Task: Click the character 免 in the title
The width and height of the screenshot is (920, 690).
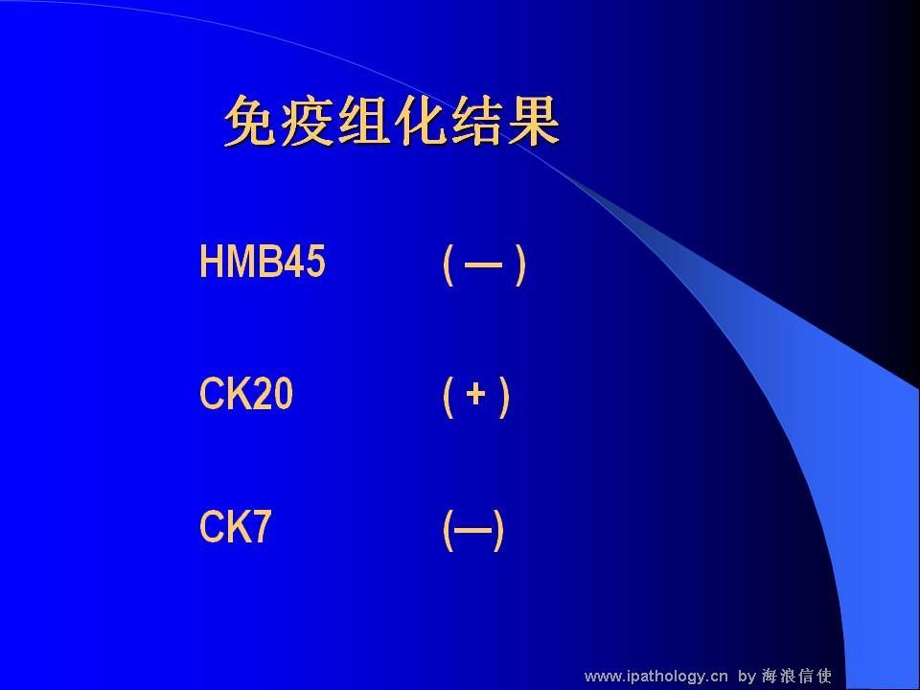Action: (x=251, y=121)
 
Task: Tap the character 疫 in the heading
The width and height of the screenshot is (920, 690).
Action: (x=308, y=121)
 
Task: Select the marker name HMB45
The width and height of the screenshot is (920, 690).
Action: (x=263, y=261)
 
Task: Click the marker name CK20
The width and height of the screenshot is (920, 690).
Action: (x=246, y=394)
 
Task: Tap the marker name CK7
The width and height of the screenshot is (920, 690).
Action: (x=236, y=526)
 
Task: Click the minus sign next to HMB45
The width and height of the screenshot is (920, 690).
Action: (x=483, y=265)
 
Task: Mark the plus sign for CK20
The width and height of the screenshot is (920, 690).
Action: (x=476, y=394)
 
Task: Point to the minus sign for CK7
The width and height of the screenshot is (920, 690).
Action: (x=472, y=530)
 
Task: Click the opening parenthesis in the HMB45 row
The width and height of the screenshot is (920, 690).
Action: (x=448, y=264)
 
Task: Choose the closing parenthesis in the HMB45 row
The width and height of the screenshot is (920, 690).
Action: (x=519, y=264)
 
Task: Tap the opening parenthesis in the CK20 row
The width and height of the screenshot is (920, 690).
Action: (x=448, y=397)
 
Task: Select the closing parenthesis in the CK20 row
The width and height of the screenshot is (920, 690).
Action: (x=503, y=397)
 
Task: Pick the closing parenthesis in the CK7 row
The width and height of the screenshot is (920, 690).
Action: (x=498, y=530)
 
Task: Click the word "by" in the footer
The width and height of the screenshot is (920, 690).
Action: (x=747, y=677)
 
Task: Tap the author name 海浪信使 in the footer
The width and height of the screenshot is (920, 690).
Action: (x=796, y=676)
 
